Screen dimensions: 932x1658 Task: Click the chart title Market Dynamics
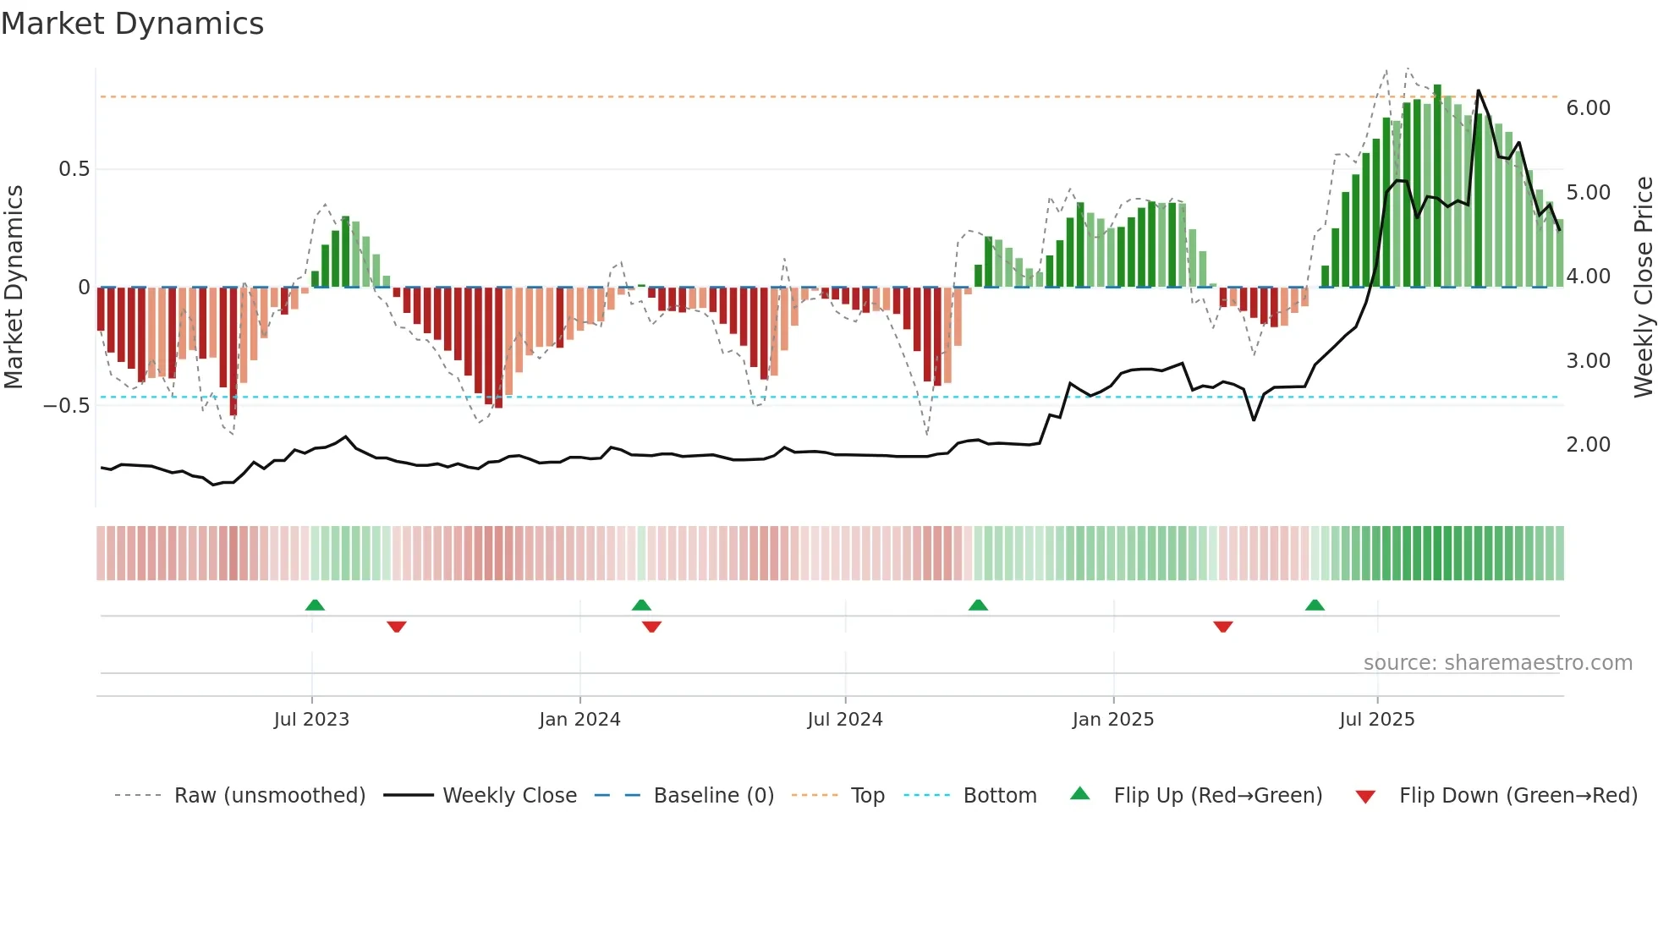(132, 24)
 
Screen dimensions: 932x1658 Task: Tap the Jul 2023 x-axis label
(311, 720)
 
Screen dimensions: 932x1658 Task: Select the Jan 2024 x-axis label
(579, 720)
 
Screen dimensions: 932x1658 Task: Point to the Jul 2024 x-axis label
(844, 720)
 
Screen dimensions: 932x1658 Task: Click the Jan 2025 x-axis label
(1112, 720)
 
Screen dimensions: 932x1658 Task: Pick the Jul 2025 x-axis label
(1376, 720)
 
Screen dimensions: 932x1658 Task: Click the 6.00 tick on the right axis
(1588, 108)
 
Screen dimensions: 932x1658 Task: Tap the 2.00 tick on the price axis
(1588, 445)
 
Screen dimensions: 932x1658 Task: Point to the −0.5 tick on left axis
(66, 406)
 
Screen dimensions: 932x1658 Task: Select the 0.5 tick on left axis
(74, 169)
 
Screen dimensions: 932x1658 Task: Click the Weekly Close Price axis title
(1643, 288)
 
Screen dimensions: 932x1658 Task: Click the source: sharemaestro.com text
(1497, 663)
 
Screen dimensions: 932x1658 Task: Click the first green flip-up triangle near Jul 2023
(315, 606)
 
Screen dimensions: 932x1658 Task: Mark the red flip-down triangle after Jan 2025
(1222, 627)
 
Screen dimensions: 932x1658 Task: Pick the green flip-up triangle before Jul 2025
(1315, 606)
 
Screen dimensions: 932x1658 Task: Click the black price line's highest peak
(1478, 90)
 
